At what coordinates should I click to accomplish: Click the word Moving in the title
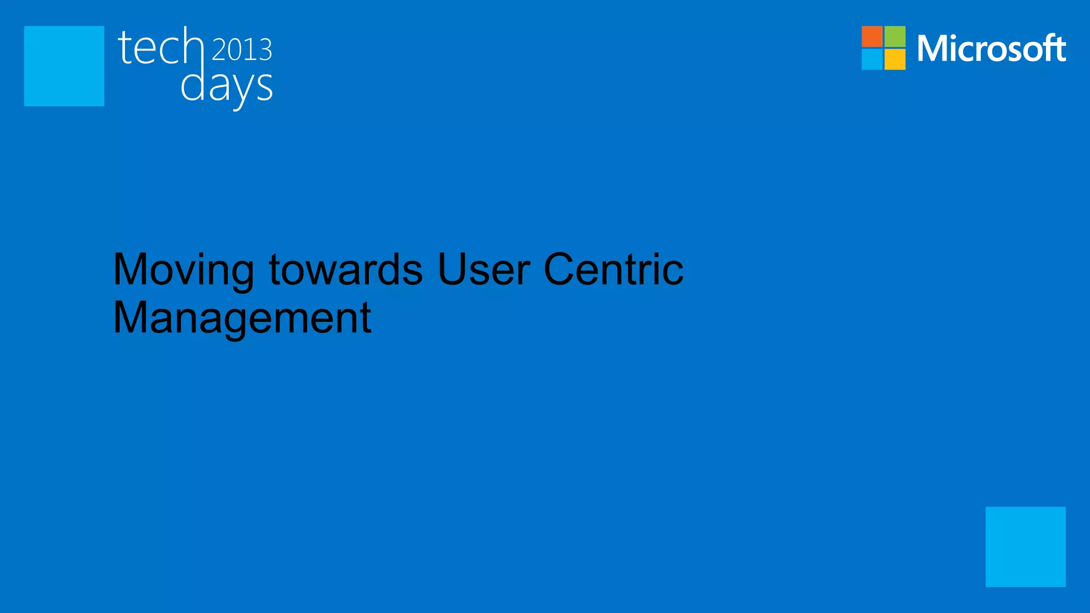(x=184, y=270)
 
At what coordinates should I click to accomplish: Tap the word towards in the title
(x=346, y=269)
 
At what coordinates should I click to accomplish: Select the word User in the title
(x=483, y=269)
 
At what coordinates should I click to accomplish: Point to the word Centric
(x=613, y=269)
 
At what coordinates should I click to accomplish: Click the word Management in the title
(x=242, y=318)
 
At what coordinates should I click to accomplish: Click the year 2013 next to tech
(x=242, y=49)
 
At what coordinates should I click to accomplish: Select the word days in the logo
(x=227, y=87)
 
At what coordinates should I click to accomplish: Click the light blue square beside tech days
(x=64, y=66)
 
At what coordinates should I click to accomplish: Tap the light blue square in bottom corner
(x=1025, y=546)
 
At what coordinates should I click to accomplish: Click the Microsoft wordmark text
(x=991, y=48)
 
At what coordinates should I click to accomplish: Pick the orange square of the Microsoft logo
(x=872, y=36)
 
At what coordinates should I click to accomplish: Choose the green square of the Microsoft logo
(x=895, y=36)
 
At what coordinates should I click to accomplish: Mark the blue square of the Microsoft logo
(x=872, y=59)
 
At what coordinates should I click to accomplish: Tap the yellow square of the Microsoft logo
(x=895, y=59)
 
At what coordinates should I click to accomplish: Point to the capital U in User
(x=453, y=269)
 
